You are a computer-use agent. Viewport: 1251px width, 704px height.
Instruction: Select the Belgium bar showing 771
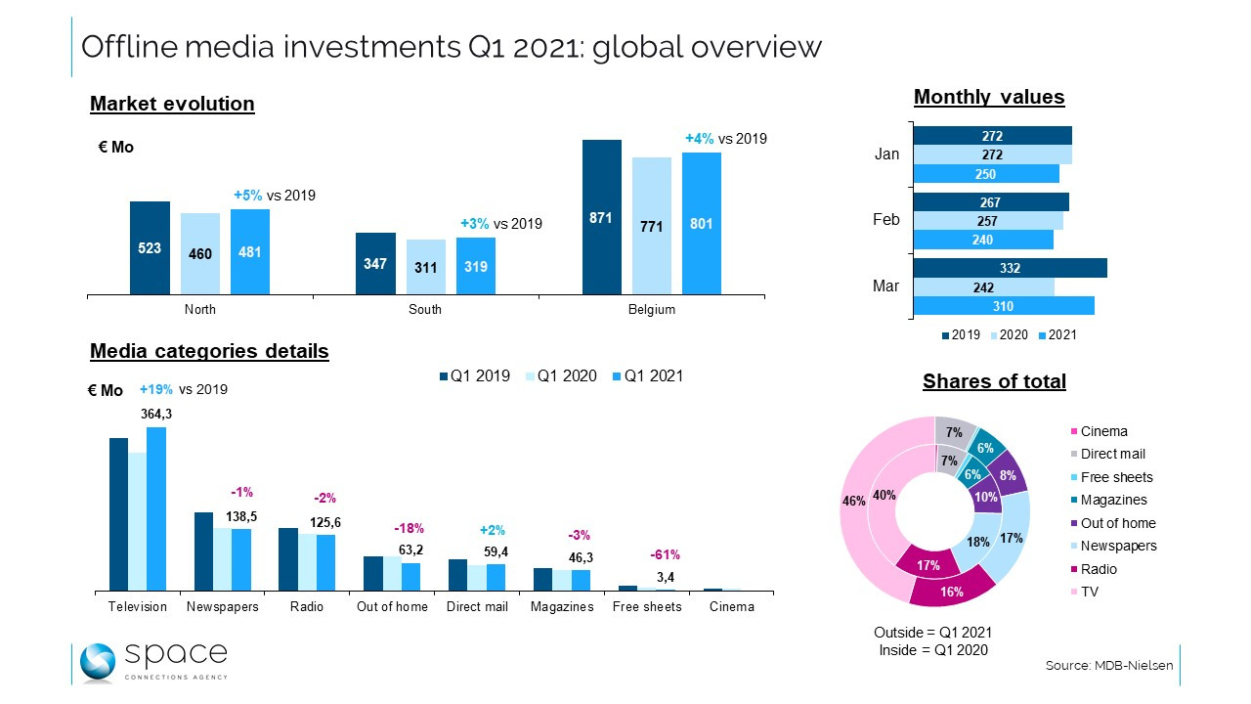[651, 226]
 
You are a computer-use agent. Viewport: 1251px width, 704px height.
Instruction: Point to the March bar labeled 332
[1010, 268]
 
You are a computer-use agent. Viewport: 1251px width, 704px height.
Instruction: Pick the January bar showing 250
[986, 174]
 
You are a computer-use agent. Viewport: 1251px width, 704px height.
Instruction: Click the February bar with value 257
[988, 222]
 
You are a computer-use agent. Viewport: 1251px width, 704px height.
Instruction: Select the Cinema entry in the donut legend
[1103, 431]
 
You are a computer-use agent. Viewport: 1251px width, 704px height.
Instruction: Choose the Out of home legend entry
[1118, 523]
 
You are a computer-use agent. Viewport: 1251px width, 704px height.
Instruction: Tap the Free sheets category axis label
[647, 606]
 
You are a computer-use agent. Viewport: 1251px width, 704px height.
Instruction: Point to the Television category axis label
[138, 606]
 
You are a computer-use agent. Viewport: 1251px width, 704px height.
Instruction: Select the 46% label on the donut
[853, 501]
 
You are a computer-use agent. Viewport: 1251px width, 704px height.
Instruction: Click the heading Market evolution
[172, 104]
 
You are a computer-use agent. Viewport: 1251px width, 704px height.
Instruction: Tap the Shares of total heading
[994, 381]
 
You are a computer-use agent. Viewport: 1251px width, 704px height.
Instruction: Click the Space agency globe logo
[98, 662]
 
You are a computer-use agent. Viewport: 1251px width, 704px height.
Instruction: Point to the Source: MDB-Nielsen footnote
[1108, 665]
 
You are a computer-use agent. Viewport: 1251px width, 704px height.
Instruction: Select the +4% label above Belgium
[699, 139]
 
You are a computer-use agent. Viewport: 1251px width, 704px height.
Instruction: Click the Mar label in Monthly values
[886, 286]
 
